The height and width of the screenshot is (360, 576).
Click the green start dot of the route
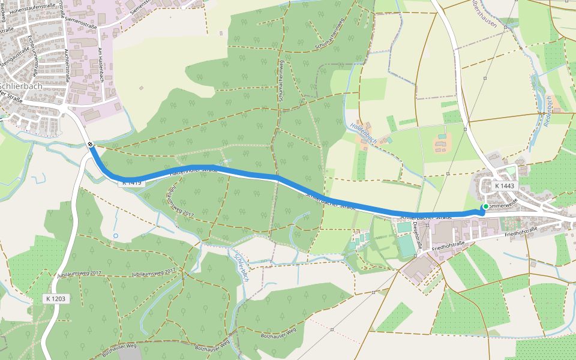[x=485, y=206]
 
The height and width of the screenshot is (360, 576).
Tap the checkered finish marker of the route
[x=90, y=144]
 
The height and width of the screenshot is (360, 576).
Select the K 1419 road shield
[x=131, y=182]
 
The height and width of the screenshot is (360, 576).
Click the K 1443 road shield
[x=505, y=187]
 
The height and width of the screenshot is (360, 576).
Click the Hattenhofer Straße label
[x=193, y=170]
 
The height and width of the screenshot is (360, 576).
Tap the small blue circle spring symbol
[x=116, y=235]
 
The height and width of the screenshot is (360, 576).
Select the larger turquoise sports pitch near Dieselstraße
[x=406, y=245]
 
